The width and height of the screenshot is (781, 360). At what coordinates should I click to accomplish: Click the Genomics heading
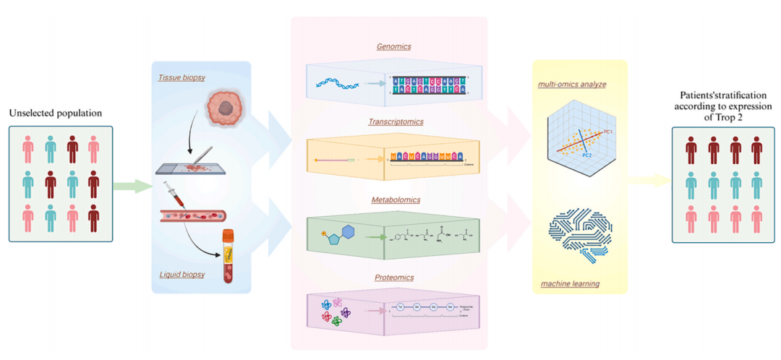pyautogui.click(x=393, y=47)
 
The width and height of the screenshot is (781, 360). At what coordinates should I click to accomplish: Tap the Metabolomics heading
pyautogui.click(x=393, y=199)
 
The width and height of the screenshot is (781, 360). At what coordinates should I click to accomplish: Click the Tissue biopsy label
pyautogui.click(x=180, y=77)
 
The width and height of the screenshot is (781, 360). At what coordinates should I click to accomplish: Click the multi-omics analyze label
pyautogui.click(x=572, y=85)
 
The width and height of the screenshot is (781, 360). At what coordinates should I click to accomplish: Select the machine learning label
pyautogui.click(x=570, y=283)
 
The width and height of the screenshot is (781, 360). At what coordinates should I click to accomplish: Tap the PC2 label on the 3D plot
pyautogui.click(x=588, y=155)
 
